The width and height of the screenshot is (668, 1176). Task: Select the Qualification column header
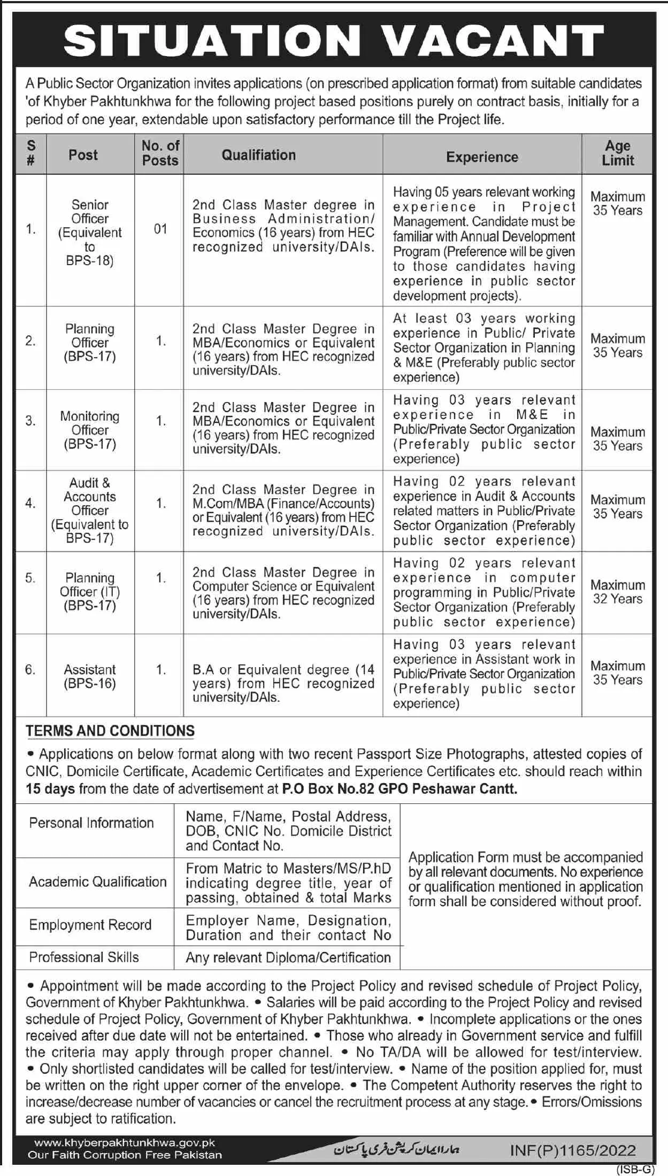(x=258, y=155)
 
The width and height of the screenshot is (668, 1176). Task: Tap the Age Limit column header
(x=617, y=153)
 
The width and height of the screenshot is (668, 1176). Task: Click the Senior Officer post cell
(x=90, y=233)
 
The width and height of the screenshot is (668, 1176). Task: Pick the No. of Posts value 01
(x=160, y=229)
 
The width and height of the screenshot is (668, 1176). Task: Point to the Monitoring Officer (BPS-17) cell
(x=90, y=430)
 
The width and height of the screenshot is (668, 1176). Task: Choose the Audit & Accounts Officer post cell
(x=90, y=510)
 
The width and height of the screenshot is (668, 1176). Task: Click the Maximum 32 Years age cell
(x=617, y=592)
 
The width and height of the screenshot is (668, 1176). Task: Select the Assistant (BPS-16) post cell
(x=90, y=676)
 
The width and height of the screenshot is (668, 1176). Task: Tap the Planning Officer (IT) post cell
(x=90, y=592)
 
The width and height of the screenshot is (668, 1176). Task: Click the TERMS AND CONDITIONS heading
(x=110, y=731)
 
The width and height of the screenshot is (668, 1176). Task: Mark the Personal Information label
(x=91, y=823)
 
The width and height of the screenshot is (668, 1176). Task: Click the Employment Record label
(x=90, y=925)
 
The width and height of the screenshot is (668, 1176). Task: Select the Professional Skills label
(x=84, y=957)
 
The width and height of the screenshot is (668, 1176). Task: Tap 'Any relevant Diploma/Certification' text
(x=288, y=957)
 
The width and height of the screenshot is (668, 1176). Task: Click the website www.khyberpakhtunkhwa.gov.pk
(x=125, y=1143)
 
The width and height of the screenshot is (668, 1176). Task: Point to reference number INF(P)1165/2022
(x=573, y=1149)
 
